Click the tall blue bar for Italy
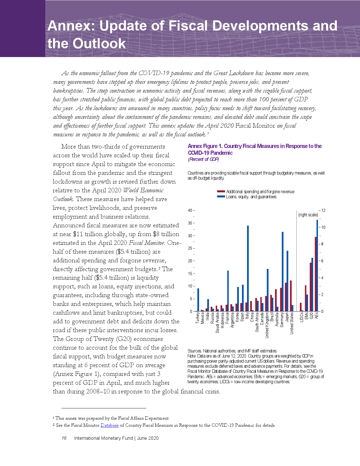tap(248, 268)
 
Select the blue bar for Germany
tap(283, 271)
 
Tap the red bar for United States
tap(291, 296)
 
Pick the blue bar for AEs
tap(317, 265)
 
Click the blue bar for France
tap(228, 291)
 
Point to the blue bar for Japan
tap(287, 281)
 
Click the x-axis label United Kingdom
tap(267, 325)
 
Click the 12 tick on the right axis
tap(323, 210)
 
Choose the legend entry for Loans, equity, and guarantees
tap(251, 197)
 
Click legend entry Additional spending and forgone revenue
tap(260, 192)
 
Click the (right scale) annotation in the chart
tap(308, 215)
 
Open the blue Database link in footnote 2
tap(110, 425)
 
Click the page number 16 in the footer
tap(64, 438)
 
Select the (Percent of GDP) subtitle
tap(203, 159)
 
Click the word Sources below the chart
tap(195, 351)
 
